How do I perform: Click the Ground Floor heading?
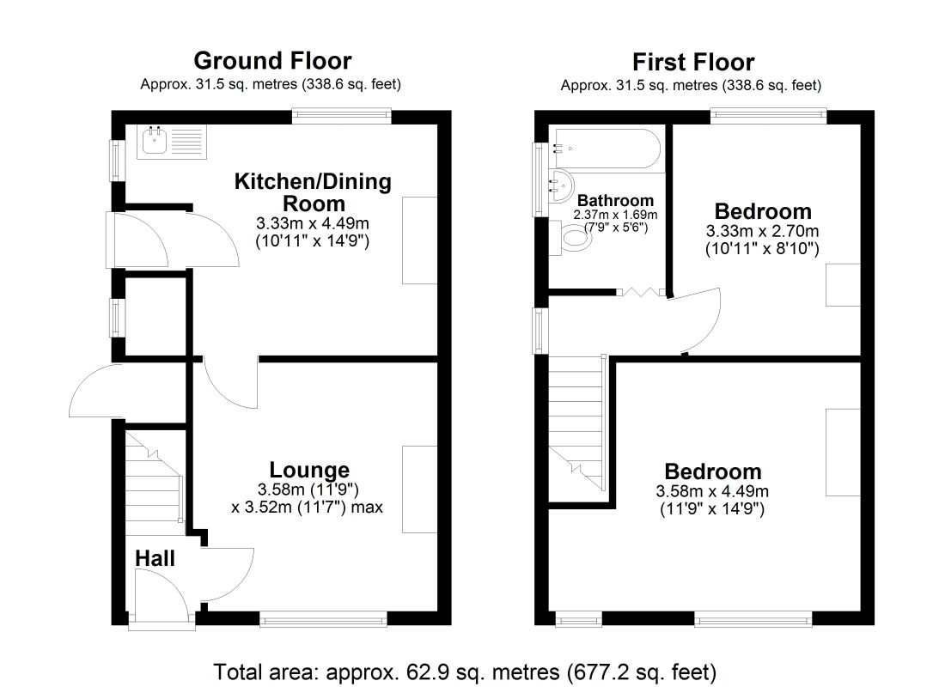click(x=272, y=61)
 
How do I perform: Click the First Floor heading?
click(x=693, y=62)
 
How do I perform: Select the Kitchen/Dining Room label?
click(x=313, y=192)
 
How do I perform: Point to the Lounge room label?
click(x=309, y=470)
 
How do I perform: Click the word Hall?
click(x=155, y=558)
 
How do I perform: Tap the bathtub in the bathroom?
click(x=607, y=148)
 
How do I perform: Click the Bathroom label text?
click(x=615, y=200)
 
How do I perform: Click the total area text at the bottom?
click(x=465, y=672)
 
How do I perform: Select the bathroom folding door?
click(x=641, y=292)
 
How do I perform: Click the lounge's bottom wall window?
click(x=324, y=619)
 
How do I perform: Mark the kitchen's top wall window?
click(x=342, y=116)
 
